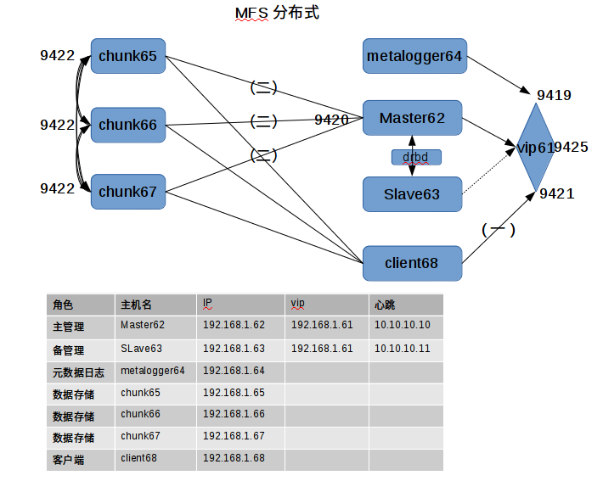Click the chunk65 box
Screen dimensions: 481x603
pos(127,57)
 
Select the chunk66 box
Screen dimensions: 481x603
pos(127,125)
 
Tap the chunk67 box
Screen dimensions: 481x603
pos(127,192)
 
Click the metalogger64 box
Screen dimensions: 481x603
pos(414,56)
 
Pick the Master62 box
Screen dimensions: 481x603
pos(412,118)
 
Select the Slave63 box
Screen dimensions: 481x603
pos(412,194)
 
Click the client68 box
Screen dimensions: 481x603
pos(412,263)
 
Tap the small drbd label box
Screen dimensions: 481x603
pos(416,157)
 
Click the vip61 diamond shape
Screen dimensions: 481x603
pos(535,147)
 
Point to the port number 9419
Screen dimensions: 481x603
pos(554,95)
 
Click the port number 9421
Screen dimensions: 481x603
pos(557,194)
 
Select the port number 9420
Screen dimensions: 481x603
pos(331,120)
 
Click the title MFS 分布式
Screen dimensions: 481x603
pos(277,14)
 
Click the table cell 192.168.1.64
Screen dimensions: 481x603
pos(234,371)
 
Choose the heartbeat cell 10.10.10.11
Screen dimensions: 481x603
pos(402,349)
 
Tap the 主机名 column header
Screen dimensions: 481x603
pos(136,305)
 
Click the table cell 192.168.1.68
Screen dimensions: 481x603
pos(234,458)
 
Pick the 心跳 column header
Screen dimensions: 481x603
pos(385,305)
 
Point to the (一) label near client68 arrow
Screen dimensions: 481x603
pos(499,229)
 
